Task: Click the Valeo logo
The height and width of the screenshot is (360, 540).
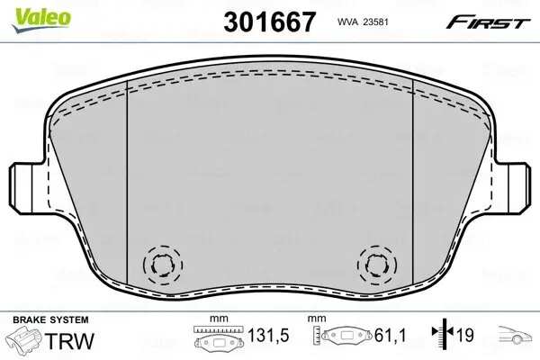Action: (27, 13)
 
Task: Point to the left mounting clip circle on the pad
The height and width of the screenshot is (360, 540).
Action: (163, 264)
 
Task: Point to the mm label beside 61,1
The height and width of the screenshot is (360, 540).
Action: (317, 319)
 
